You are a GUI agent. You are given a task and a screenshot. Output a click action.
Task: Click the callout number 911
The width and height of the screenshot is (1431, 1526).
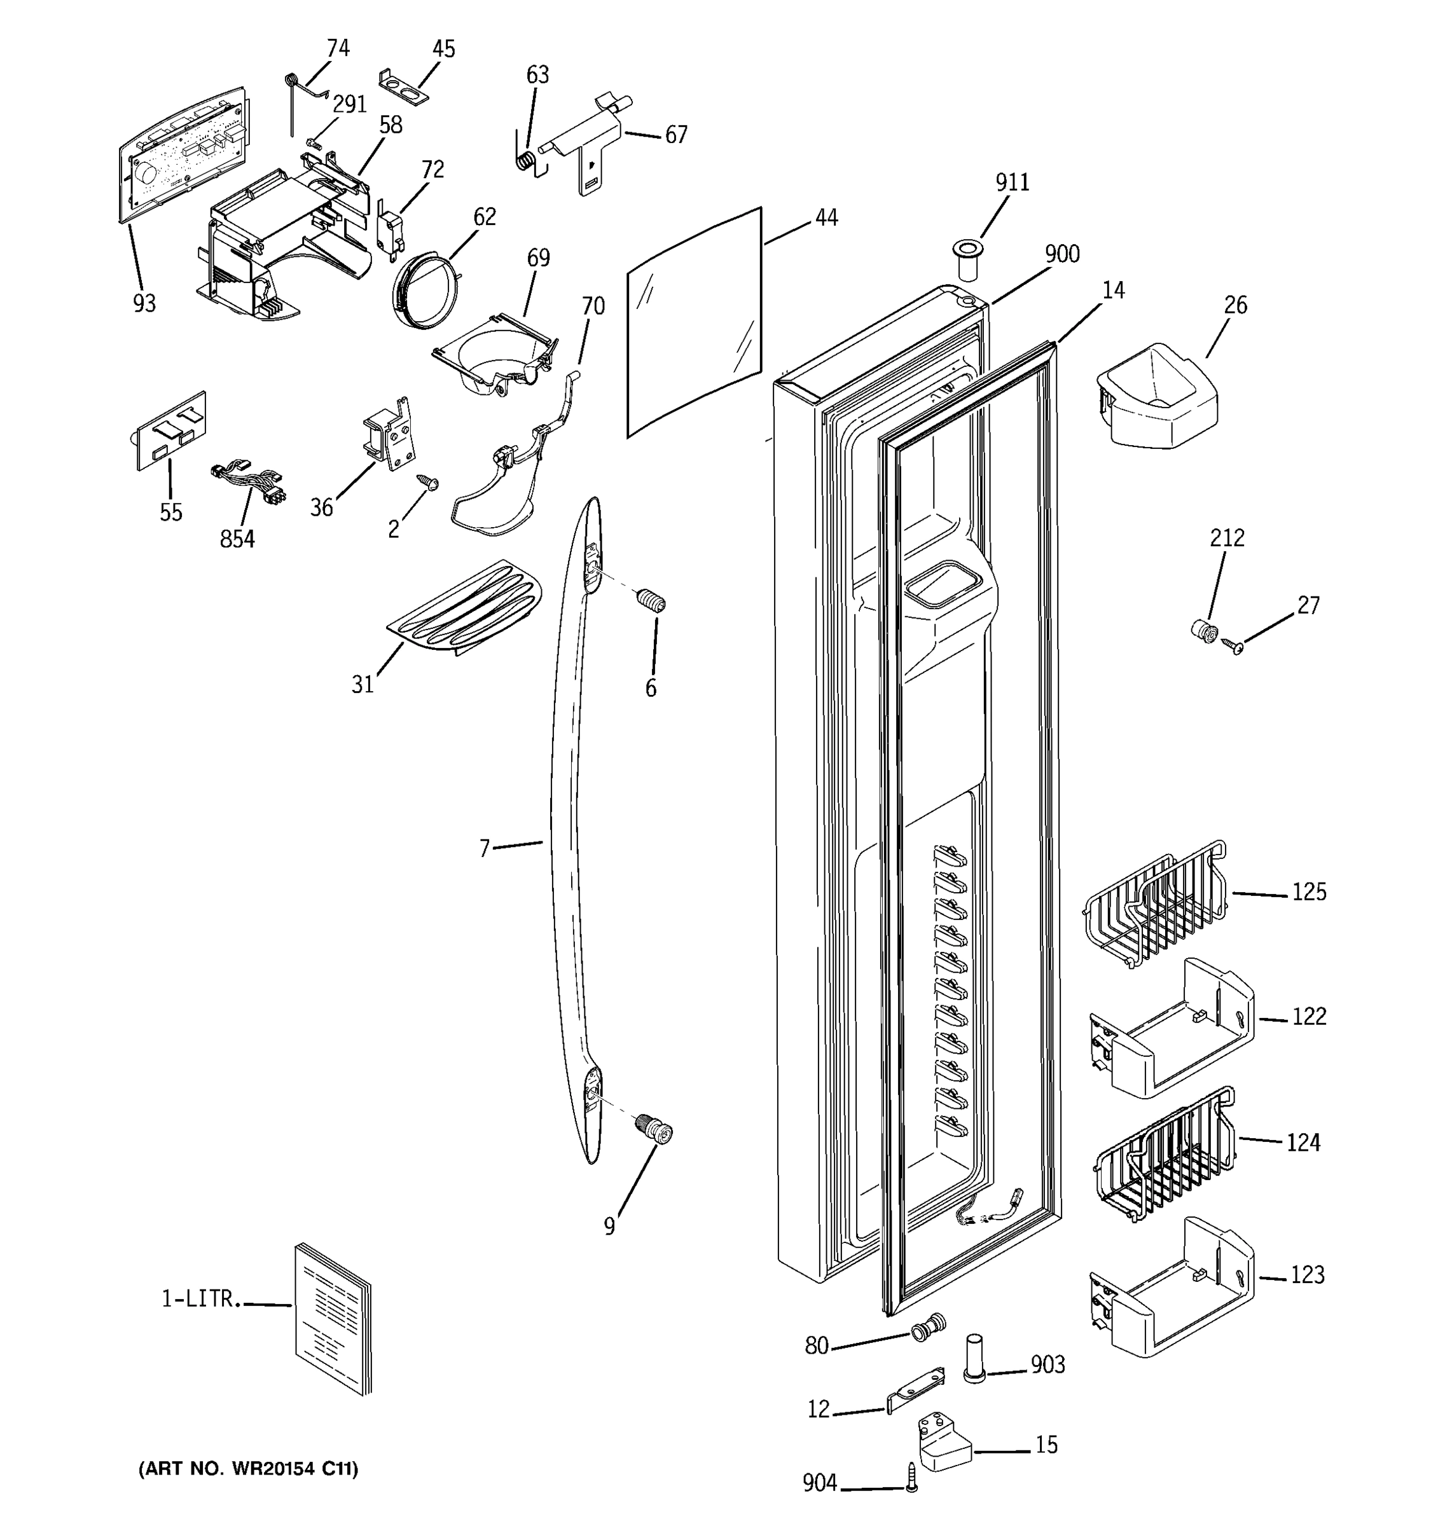point(1012,182)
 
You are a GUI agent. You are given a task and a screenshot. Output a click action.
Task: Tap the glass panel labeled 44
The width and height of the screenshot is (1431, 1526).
point(695,322)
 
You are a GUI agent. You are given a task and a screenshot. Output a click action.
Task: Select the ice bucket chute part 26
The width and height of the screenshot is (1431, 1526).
point(1156,399)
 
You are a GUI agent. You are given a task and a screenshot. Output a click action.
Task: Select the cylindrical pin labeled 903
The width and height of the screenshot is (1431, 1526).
point(974,1359)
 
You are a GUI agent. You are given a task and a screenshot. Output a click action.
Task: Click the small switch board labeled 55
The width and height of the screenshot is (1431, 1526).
point(171,430)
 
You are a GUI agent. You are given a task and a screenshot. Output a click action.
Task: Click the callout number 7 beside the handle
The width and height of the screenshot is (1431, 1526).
point(485,848)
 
